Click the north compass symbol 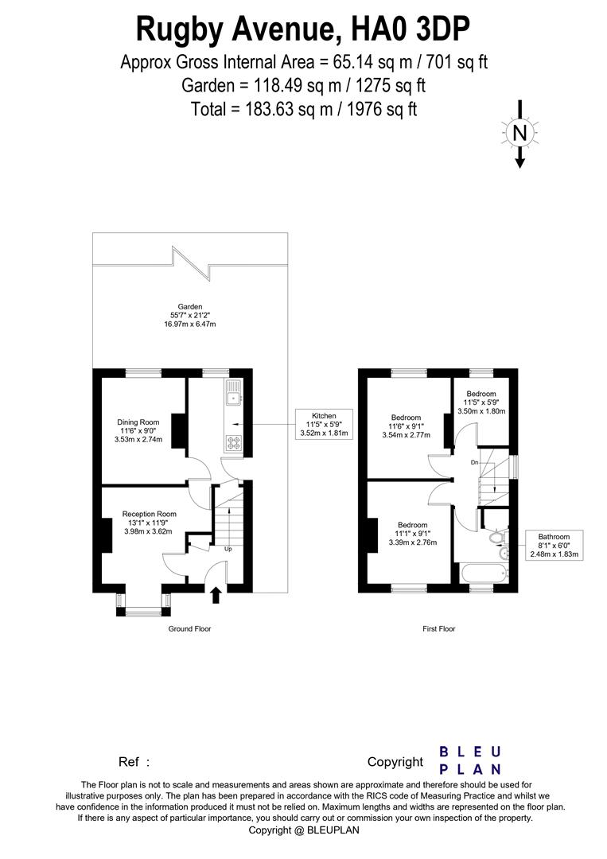(x=519, y=134)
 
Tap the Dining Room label (x=138, y=422)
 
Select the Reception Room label (x=150, y=514)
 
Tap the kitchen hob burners (x=234, y=443)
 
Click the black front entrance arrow (x=216, y=595)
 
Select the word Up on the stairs (x=228, y=549)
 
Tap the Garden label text (x=190, y=306)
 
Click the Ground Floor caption (x=189, y=628)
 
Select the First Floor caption (x=438, y=628)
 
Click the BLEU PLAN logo (x=470, y=760)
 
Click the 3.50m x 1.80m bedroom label (x=481, y=411)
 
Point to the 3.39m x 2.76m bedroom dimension (x=413, y=542)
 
